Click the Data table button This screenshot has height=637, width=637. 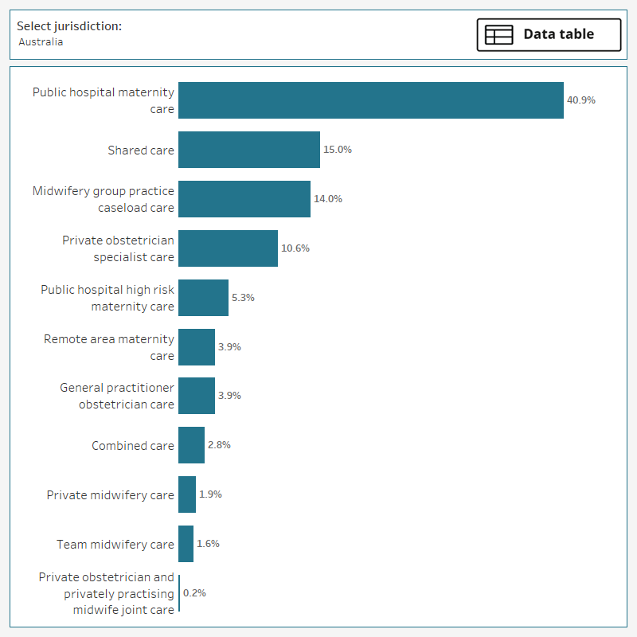[549, 35]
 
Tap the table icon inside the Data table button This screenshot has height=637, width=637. [499, 35]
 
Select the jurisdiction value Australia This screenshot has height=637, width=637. [41, 42]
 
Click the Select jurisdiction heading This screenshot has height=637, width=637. [69, 26]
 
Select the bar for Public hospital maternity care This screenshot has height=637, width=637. [370, 100]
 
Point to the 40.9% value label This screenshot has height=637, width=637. [580, 100]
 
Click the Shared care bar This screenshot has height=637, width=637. [248, 150]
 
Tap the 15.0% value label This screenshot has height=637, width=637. [338, 150]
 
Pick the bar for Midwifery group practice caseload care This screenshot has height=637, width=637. [244, 199]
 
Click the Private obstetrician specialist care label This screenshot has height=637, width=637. [118, 248]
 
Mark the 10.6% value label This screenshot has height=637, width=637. [295, 248]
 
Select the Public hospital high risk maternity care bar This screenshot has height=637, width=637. [203, 298]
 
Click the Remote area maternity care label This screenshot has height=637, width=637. [109, 347]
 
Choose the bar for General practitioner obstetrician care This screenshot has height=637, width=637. [196, 396]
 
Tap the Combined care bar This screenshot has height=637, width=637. [191, 445]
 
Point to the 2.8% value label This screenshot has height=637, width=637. [219, 445]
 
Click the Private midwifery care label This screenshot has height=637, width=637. [110, 495]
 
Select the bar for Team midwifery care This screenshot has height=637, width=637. [186, 544]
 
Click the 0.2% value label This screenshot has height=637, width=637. [194, 593]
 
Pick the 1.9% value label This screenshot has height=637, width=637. [210, 494]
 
